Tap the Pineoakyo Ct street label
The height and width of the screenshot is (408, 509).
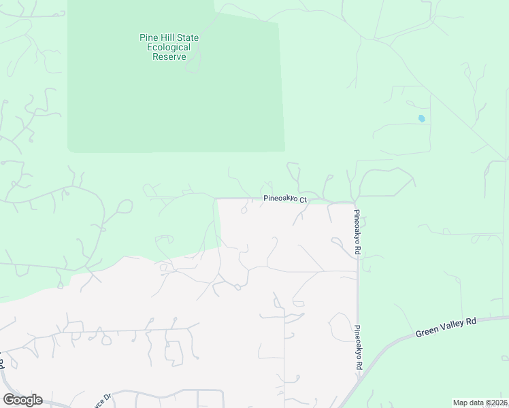click(x=286, y=200)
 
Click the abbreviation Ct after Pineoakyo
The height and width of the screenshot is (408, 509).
click(x=304, y=200)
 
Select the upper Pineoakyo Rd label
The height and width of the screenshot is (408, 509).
click(x=357, y=232)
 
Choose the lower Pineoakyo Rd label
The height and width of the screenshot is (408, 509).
click(x=357, y=347)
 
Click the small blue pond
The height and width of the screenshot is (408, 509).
click(x=421, y=118)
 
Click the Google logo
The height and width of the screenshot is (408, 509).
click(x=22, y=400)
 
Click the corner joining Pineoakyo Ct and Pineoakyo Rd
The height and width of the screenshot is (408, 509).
click(x=355, y=203)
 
